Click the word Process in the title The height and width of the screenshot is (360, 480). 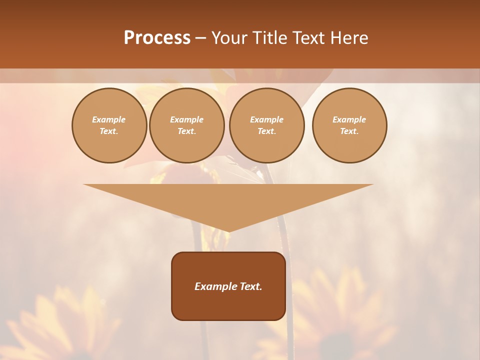tap(157, 38)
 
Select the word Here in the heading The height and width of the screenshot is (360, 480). tap(350, 38)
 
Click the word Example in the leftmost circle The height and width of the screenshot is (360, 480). tap(109, 119)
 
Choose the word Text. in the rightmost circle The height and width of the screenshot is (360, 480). tap(349, 131)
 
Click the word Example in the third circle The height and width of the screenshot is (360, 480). tap(266, 119)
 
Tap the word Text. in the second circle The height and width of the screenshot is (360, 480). tap(187, 131)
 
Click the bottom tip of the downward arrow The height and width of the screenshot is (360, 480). tap(228, 230)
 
